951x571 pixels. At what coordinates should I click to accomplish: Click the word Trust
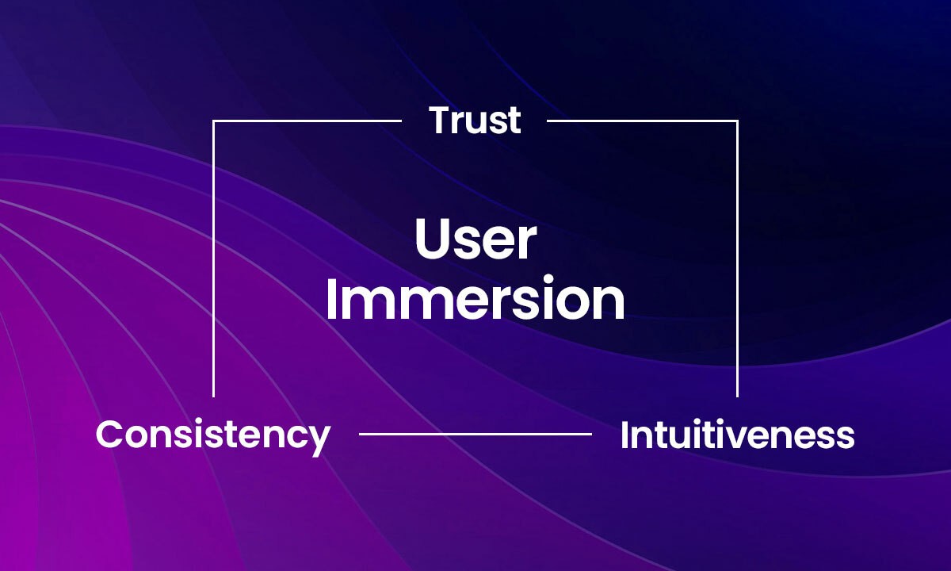[475, 120]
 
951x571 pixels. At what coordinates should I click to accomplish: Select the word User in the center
[475, 239]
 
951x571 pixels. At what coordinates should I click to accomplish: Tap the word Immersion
[475, 297]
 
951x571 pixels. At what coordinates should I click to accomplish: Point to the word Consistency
[213, 436]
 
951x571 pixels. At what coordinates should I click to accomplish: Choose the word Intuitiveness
[737, 435]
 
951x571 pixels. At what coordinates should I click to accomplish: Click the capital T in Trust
[441, 121]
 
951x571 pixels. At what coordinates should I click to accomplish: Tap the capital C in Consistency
[110, 434]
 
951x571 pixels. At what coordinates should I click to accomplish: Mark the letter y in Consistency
[319, 441]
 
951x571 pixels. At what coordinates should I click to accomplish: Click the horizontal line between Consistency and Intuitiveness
[475, 434]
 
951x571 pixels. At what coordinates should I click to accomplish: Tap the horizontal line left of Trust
[307, 121]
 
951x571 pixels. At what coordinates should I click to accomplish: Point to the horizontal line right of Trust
[643, 121]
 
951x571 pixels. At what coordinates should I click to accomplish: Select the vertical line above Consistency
[213, 259]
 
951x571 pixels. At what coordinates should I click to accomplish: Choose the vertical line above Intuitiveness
[738, 259]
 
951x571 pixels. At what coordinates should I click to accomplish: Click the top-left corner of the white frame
[213, 121]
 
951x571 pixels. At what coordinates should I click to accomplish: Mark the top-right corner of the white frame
[738, 121]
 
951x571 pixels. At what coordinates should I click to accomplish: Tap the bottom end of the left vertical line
[213, 397]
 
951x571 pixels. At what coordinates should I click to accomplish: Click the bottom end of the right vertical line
[738, 397]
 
